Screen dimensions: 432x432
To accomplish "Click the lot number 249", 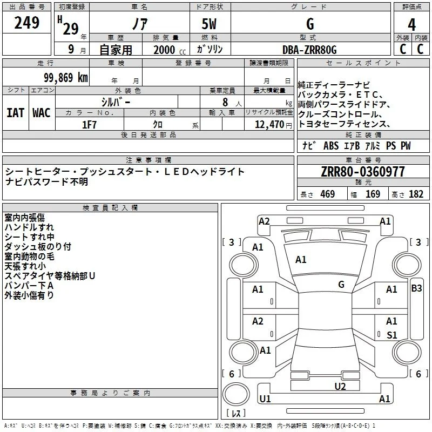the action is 26,23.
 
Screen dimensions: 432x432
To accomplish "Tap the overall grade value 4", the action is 411,25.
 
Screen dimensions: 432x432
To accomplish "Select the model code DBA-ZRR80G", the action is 309,50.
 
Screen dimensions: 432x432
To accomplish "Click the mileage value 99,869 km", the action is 66,78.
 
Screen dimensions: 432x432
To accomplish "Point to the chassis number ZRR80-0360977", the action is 363,172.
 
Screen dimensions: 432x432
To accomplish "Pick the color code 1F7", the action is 89,125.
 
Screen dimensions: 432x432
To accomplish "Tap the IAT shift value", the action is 15,113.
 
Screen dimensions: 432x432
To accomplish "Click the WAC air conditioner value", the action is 42,113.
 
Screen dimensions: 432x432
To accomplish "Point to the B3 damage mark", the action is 416,288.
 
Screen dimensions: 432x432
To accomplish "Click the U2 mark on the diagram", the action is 340,387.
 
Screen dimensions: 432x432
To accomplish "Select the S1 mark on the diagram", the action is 392,335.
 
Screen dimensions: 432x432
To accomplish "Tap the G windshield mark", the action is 341,285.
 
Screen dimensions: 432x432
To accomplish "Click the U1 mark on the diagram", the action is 265,399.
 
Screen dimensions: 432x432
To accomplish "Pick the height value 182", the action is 416,194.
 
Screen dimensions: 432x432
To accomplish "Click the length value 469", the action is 328,194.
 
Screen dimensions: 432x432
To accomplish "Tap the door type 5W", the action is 209,24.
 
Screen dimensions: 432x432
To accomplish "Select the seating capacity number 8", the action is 225,102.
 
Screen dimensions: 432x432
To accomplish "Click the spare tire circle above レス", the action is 236,394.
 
